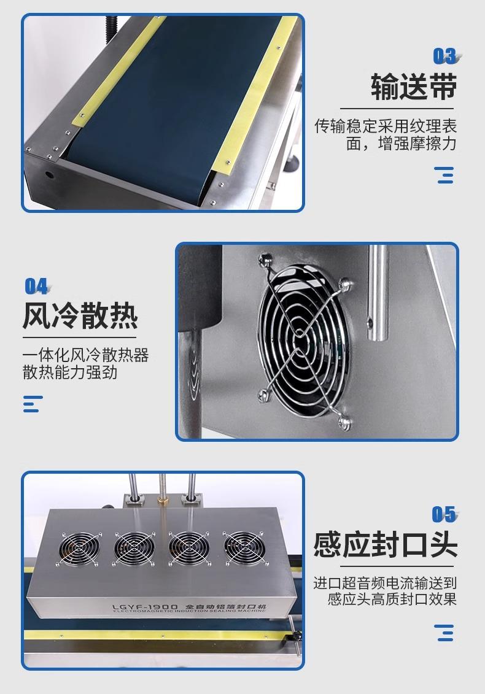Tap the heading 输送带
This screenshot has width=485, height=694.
coord(414,87)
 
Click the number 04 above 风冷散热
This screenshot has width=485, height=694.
coord(37,287)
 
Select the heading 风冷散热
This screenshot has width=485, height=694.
coord(80,315)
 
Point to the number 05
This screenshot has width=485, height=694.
coord(444,514)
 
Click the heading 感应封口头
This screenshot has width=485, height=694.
coord(386,544)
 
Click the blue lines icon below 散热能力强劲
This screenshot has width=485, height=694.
coord(33,404)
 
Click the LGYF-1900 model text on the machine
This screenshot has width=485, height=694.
coord(145,607)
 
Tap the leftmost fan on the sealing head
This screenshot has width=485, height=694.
coord(80,549)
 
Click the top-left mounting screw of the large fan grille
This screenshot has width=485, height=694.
coord(265,258)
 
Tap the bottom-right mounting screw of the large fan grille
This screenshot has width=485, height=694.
coord(344,422)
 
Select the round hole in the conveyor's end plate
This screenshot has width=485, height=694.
coord(49,172)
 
